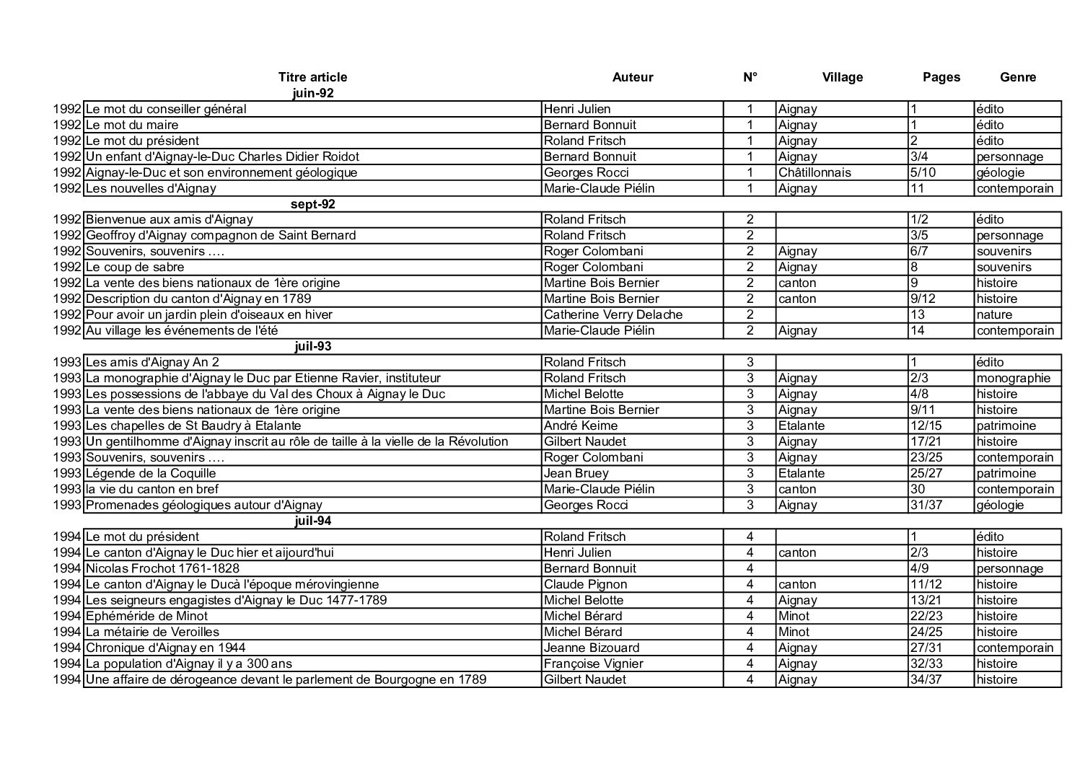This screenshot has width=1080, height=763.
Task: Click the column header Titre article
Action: coord(312,77)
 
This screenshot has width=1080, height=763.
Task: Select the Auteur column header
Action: coord(632,77)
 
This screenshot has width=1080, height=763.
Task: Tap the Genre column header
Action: coord(1017,77)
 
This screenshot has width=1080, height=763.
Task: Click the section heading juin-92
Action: coord(312,93)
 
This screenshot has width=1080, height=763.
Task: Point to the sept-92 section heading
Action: coord(312,204)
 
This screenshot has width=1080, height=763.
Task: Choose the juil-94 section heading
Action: coord(312,521)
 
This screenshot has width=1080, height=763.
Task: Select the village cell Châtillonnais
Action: coord(815,172)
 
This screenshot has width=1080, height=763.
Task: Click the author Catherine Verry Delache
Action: coord(613,314)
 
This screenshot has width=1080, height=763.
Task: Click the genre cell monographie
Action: coord(1013,378)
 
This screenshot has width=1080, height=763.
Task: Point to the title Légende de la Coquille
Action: coord(151,473)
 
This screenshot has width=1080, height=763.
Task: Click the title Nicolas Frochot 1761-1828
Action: coord(162,568)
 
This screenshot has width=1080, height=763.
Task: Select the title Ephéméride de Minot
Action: coord(146,616)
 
